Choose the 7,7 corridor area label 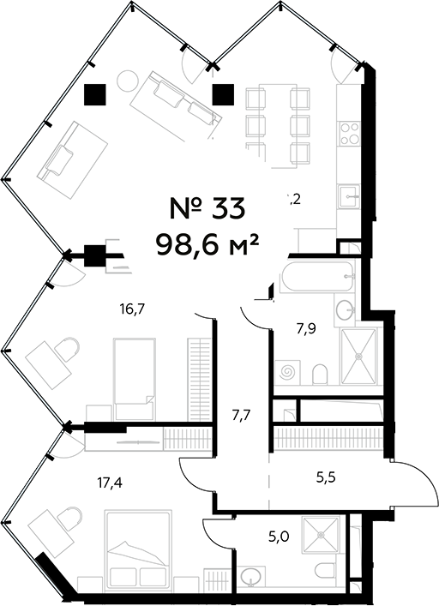point(241,416)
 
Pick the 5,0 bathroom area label point(279,539)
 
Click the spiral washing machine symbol point(288,374)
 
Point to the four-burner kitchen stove point(350,134)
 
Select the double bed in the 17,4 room point(136,548)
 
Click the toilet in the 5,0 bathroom point(326,572)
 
